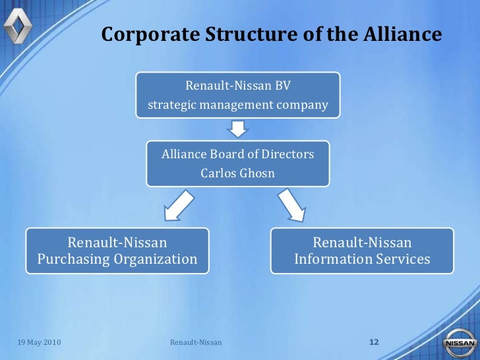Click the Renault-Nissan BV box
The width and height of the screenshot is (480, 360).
point(238,95)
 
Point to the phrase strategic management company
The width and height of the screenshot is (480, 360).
point(237,105)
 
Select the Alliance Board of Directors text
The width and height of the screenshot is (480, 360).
point(237,154)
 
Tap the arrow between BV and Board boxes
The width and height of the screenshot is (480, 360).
point(237,128)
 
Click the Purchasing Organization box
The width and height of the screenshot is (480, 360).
point(117,251)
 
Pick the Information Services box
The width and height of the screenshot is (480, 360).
point(362,251)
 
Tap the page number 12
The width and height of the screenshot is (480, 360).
point(375,342)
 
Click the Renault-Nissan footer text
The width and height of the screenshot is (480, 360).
point(196,343)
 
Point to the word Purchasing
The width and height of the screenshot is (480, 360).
point(74,259)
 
